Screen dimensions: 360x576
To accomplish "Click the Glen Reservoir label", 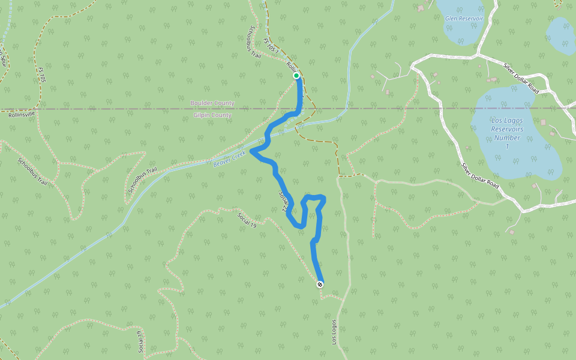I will click(464, 19).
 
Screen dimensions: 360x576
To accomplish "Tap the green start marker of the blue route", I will click(296, 76).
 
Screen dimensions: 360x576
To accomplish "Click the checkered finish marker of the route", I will click(320, 284).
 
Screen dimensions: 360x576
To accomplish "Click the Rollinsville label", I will click(22, 114).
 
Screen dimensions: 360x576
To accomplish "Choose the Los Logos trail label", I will click(334, 331).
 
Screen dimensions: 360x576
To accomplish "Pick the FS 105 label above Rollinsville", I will click(41, 78).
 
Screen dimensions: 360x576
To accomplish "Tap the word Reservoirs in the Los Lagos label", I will click(507, 129).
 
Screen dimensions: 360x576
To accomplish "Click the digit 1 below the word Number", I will click(507, 146).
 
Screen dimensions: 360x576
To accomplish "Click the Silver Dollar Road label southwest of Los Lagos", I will click(480, 176).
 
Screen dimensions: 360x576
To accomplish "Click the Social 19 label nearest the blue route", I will click(247, 220).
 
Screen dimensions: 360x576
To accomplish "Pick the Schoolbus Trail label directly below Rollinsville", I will click(32, 171).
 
